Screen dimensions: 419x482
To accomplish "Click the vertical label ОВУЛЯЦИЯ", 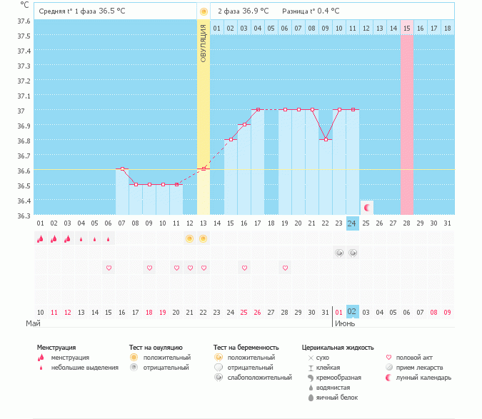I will tap(204, 44).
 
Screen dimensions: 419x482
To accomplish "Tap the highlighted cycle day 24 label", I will tap(352, 223).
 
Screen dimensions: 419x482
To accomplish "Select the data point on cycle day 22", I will tap(326, 139).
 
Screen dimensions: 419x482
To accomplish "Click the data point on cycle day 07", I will tap(122, 169).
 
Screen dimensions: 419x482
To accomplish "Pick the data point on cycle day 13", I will tap(204, 169).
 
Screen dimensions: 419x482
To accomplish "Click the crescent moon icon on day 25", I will tap(367, 208).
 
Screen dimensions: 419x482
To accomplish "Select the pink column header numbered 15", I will tap(407, 28).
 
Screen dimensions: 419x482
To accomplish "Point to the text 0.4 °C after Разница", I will tap(326, 11).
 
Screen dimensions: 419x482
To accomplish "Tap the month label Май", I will tap(33, 323).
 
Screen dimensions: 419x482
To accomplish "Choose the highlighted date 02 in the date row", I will tap(352, 312).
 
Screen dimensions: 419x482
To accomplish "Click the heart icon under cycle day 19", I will tap(285, 268).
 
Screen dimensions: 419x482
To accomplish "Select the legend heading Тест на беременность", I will tap(246, 348).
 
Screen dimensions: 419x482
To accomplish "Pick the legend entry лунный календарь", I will tap(424, 377).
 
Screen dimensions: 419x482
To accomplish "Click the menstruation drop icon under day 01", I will tap(40, 239).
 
